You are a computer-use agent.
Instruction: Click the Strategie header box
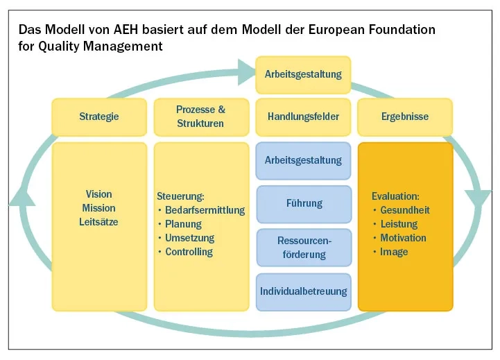coord(99,117)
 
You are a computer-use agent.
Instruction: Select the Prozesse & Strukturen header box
coord(200,117)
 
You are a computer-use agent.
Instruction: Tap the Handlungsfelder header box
coord(303,117)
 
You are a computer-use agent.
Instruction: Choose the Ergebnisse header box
coord(405,117)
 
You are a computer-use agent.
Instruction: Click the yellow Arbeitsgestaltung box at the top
coord(303,75)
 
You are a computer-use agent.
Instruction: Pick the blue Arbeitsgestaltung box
coord(303,160)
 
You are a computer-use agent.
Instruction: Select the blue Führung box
coord(304,204)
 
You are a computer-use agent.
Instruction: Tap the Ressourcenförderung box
coord(304,247)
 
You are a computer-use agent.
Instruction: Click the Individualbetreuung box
coord(303,291)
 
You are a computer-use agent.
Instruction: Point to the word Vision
coord(98,194)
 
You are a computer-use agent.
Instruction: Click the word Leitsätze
coord(98,222)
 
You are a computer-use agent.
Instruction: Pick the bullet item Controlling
coord(189,252)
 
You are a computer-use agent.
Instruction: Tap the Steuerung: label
coord(181,196)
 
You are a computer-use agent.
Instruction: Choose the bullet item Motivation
coord(403,238)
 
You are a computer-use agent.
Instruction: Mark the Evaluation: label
coord(395,196)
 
